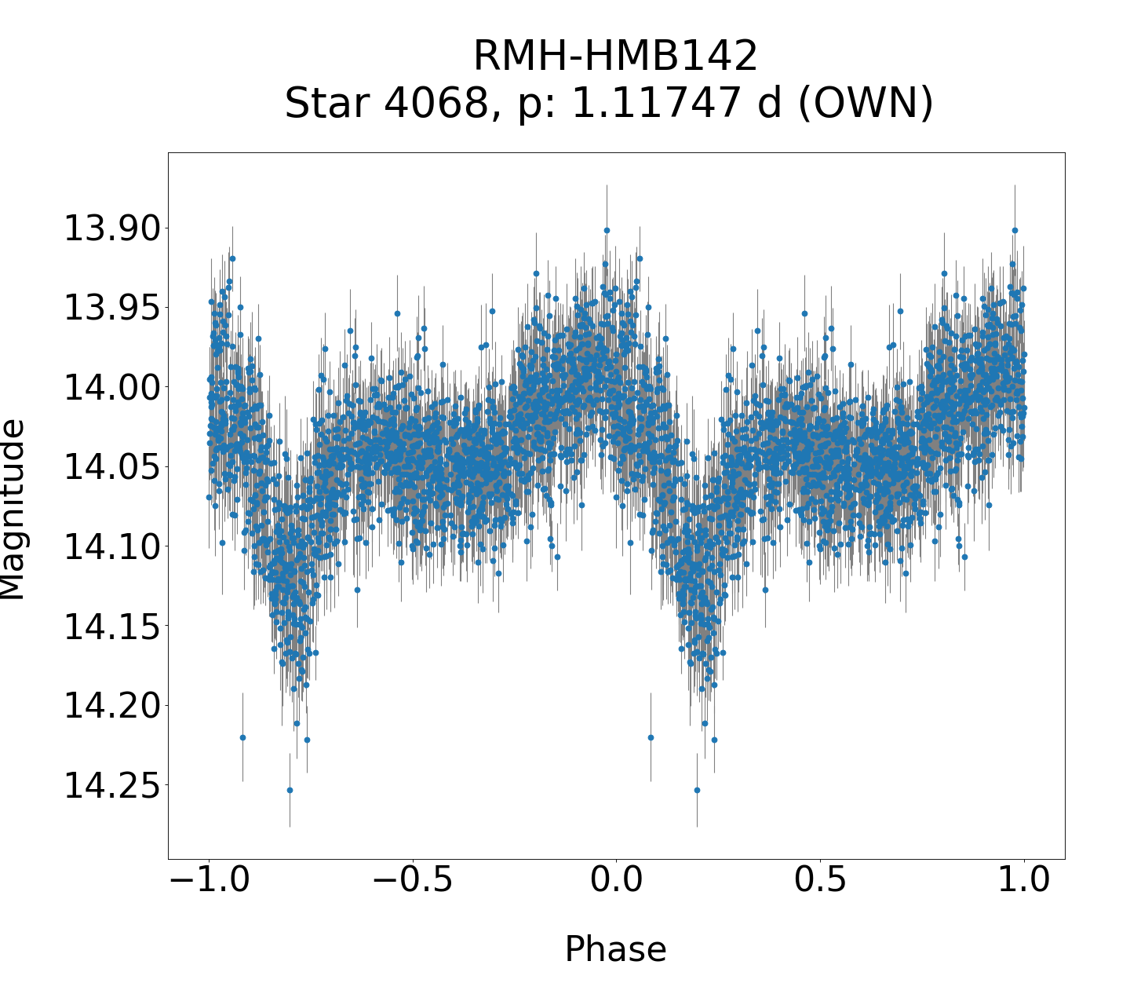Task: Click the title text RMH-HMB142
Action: coord(615,57)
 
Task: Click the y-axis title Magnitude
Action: coord(13,510)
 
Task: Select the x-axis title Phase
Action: coord(615,949)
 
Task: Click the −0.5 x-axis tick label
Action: coord(412,881)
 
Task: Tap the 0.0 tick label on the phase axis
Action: coord(616,881)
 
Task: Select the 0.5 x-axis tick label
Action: coord(820,881)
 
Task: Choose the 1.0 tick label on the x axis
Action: coord(1023,881)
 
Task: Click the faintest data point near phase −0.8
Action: coord(290,790)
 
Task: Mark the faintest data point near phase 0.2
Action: coord(697,790)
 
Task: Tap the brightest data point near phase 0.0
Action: coord(607,230)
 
